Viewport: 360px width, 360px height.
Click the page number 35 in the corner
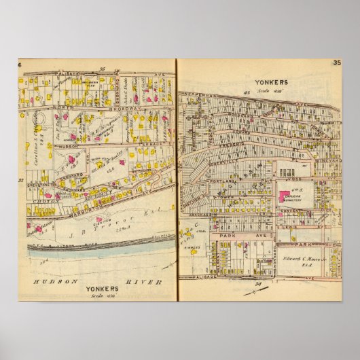pyautogui.click(x=336, y=64)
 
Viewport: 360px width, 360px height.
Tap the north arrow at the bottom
pyautogui.click(x=255, y=291)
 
